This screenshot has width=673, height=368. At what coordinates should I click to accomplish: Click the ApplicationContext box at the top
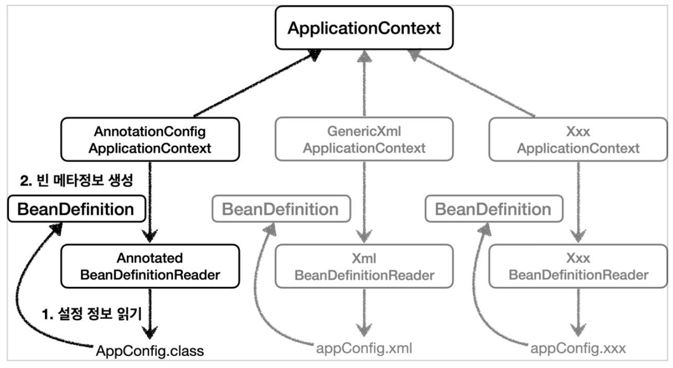364,28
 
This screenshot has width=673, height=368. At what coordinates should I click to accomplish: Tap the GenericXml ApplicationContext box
363,139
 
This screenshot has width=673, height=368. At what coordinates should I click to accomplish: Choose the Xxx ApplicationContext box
578,139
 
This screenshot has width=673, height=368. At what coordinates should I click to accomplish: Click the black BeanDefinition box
76,210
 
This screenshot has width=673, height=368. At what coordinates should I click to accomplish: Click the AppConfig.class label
150,350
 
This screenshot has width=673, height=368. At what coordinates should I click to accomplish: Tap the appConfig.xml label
364,348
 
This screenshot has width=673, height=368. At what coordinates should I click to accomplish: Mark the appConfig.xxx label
578,348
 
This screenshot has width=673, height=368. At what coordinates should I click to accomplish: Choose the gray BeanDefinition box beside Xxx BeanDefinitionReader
493,210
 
